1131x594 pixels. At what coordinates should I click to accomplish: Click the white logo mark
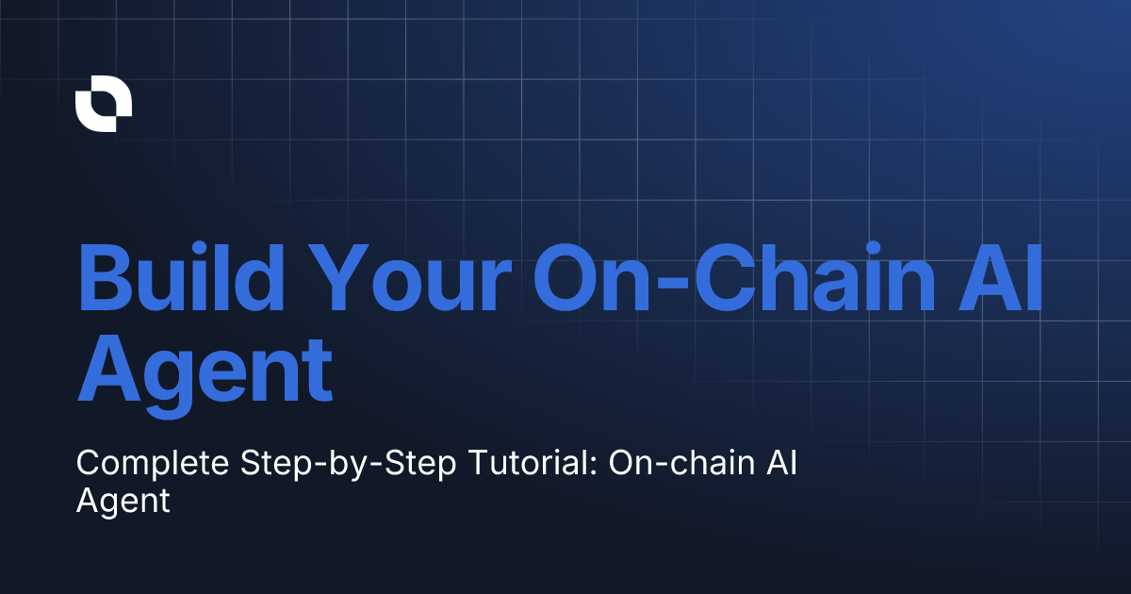coord(104,104)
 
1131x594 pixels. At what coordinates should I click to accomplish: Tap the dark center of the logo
coord(104,105)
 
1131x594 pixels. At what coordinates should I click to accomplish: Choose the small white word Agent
coord(123,501)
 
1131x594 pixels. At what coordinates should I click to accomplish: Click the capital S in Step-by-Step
coord(249,463)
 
